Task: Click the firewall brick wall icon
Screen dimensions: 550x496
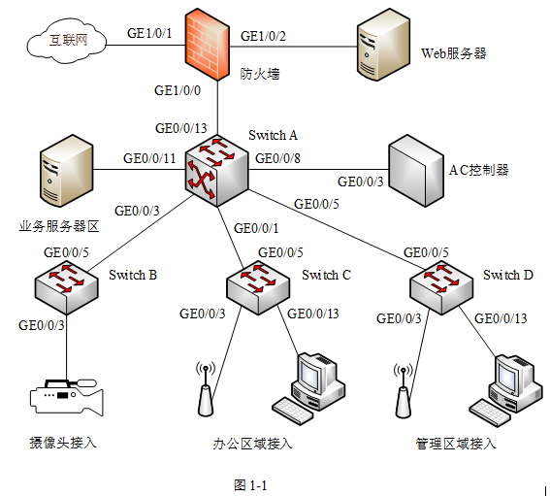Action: pyautogui.click(x=208, y=45)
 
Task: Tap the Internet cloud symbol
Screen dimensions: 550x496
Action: pyautogui.click(x=67, y=42)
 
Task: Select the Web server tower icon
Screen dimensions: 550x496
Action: pyautogui.click(x=383, y=45)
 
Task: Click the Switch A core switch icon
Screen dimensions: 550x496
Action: pyautogui.click(x=216, y=171)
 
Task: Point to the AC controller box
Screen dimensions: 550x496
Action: pyautogui.click(x=416, y=171)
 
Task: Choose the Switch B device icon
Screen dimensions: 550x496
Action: pyautogui.click(x=66, y=287)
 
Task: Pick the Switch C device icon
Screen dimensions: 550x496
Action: pyautogui.click(x=258, y=287)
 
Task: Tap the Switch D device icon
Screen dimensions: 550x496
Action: pyautogui.click(x=441, y=287)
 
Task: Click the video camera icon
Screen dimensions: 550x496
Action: pyautogui.click(x=67, y=397)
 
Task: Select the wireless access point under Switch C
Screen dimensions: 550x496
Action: pyautogui.click(x=206, y=389)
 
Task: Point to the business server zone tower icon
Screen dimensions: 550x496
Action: pyautogui.click(x=66, y=171)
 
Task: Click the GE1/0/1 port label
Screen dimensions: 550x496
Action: pyautogui.click(x=149, y=33)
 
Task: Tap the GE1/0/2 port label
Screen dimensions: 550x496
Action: pyautogui.click(x=264, y=36)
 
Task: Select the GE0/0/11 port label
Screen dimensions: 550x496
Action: pyautogui.click(x=149, y=158)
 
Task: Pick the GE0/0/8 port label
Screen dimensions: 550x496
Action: pyautogui.click(x=277, y=158)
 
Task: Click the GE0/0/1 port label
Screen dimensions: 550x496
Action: pyautogui.click(x=256, y=228)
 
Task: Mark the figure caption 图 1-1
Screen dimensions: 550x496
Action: pyautogui.click(x=250, y=485)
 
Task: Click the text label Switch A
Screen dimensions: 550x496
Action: pyautogui.click(x=274, y=135)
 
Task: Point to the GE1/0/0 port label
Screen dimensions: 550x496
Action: pyautogui.click(x=178, y=90)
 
